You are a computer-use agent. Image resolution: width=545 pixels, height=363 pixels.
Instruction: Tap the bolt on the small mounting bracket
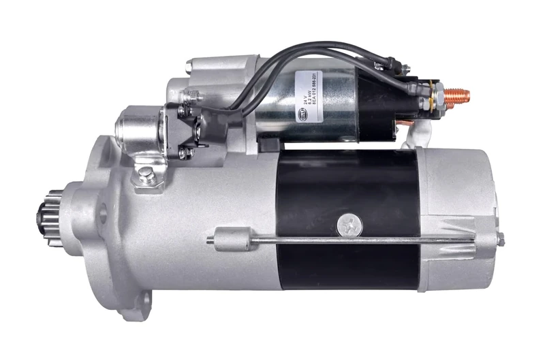click(x=144, y=175)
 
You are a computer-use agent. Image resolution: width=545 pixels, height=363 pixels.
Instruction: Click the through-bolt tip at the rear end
click(x=501, y=238)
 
